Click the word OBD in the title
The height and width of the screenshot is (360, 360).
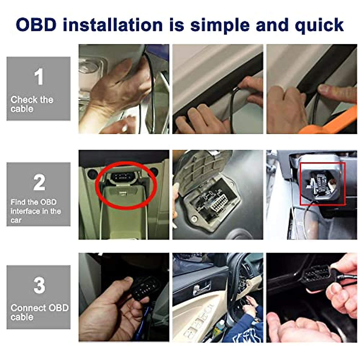point(36,25)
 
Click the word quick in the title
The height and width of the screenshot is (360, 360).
point(319,25)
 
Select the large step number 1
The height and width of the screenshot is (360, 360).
point(39,77)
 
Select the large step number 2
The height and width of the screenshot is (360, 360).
point(39,182)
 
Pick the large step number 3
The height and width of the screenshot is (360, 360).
point(39,285)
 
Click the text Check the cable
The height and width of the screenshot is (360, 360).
point(31,104)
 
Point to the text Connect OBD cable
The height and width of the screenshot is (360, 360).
point(39,312)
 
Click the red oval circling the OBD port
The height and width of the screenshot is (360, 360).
point(126,185)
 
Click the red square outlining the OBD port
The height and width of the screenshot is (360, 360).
point(323,184)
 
